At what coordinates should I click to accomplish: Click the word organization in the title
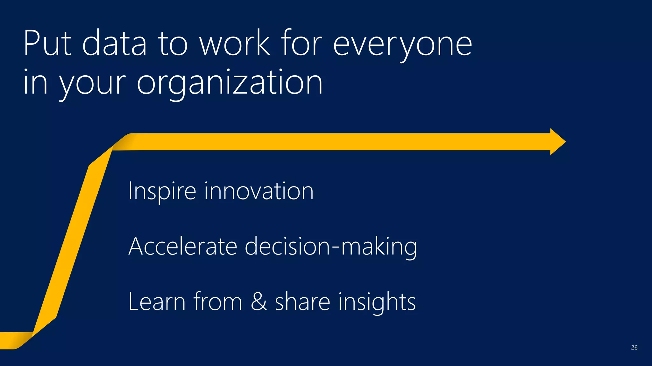point(230,83)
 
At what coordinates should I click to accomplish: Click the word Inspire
point(162,192)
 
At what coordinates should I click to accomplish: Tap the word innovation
point(259,191)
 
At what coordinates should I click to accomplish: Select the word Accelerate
point(183,246)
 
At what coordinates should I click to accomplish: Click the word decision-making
point(331,247)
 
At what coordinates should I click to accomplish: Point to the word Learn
point(157,302)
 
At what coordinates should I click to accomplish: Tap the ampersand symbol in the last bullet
point(259,302)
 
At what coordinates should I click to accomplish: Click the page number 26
point(634,348)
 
